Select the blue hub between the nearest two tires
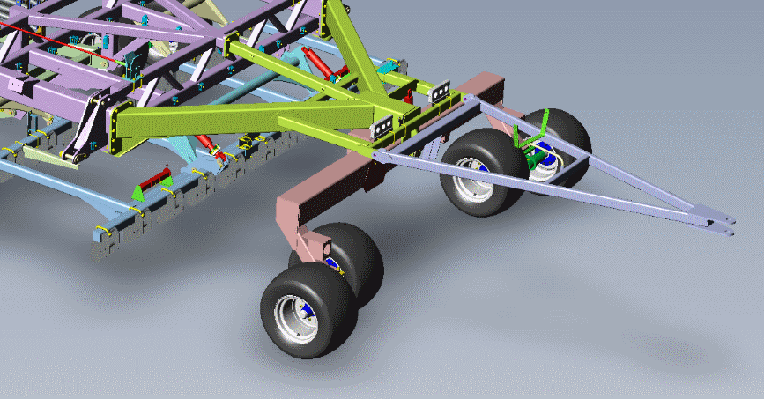point(331,263)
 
